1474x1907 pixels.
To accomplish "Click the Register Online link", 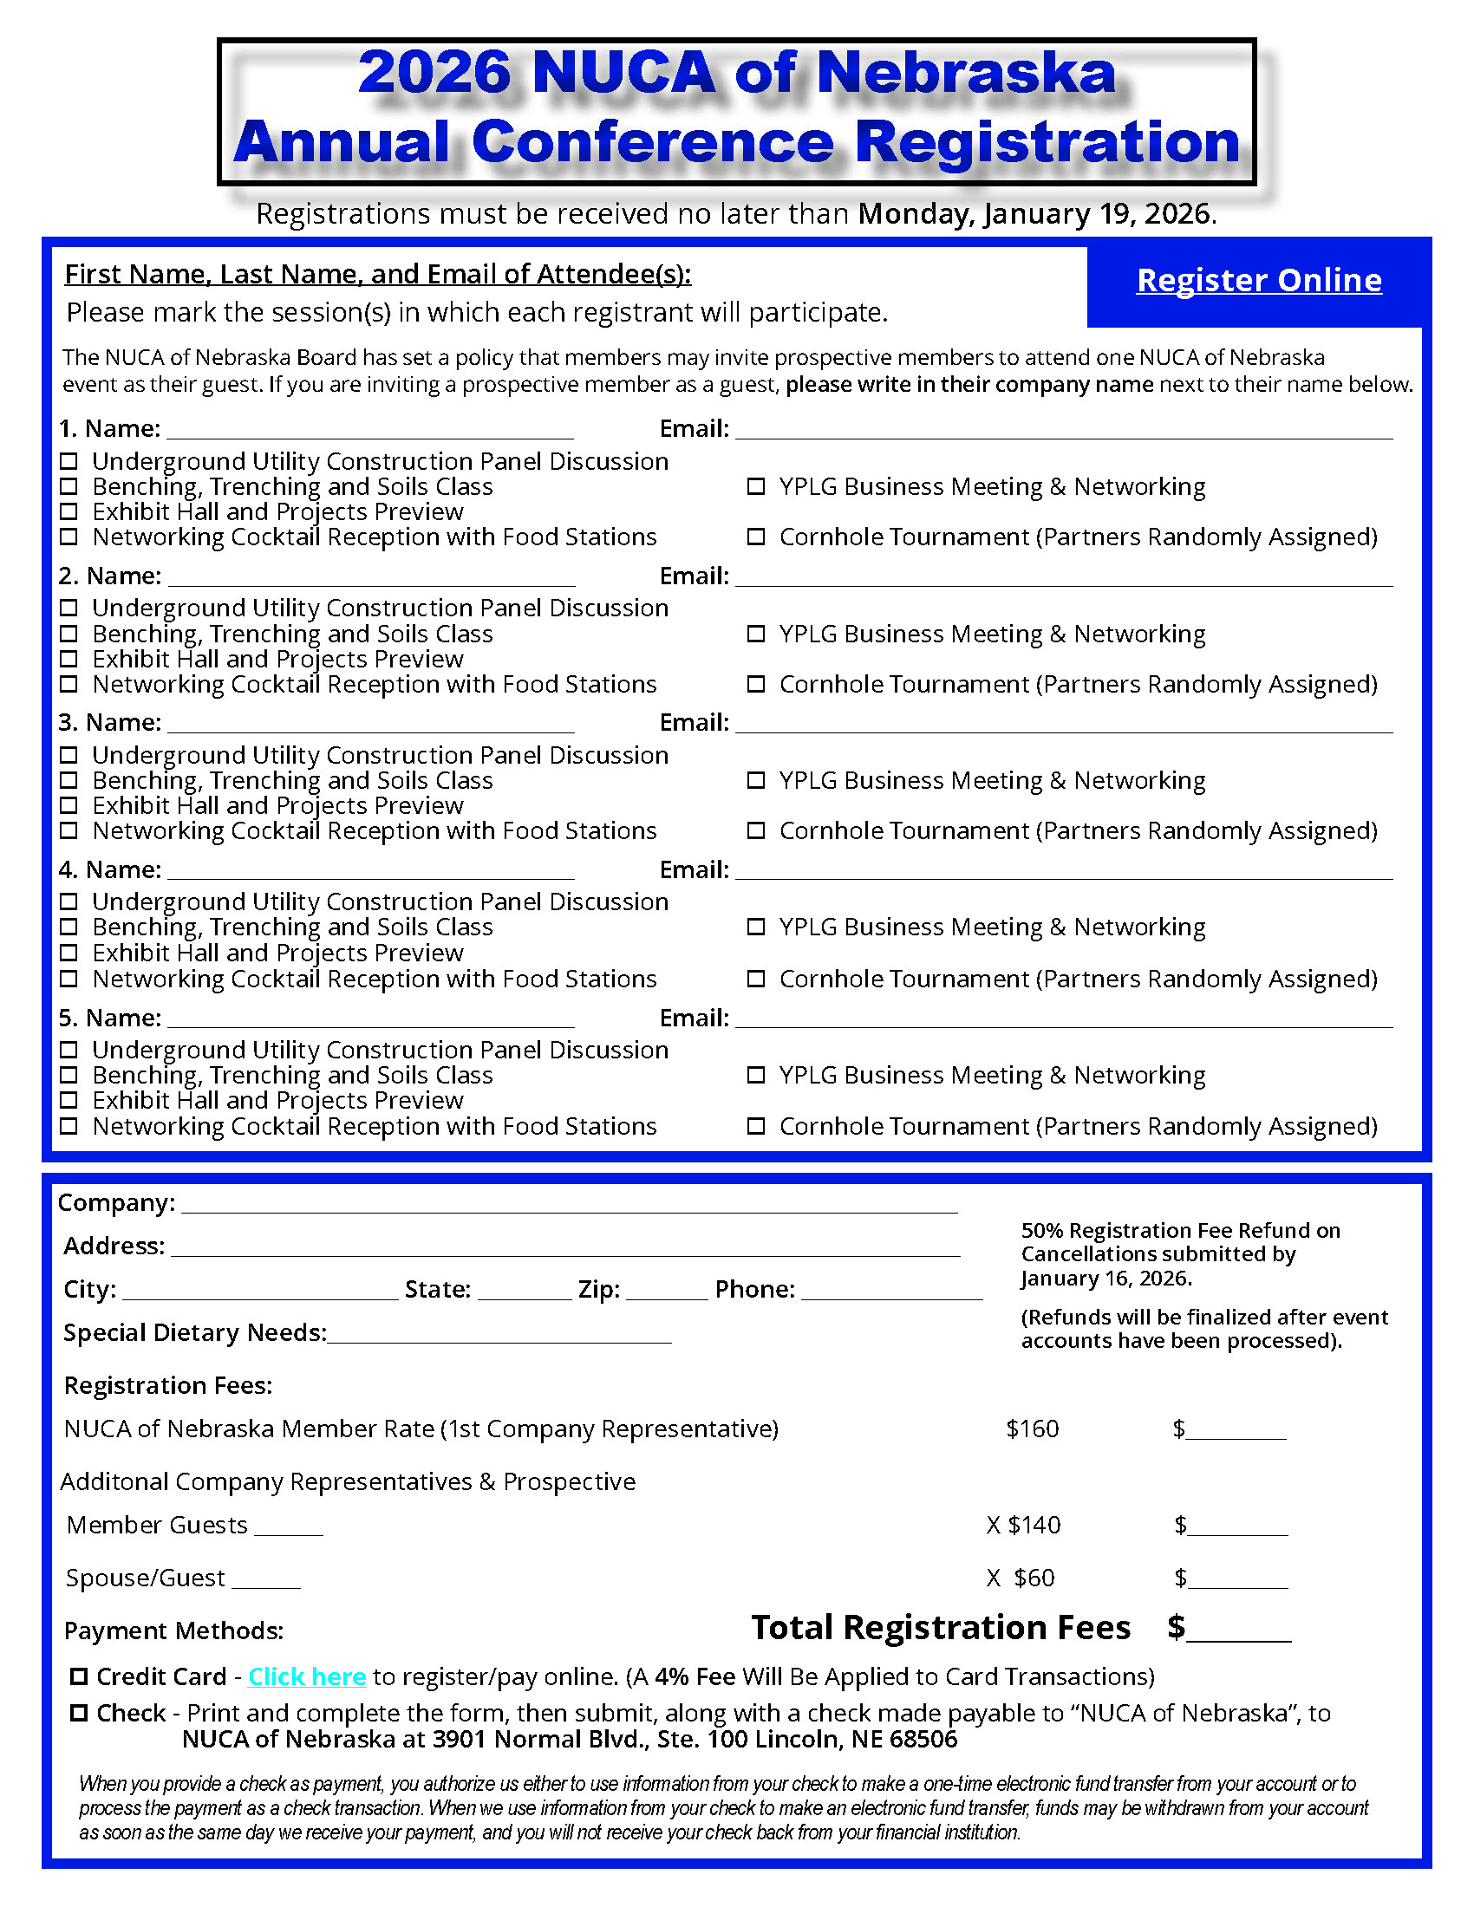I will [1258, 280].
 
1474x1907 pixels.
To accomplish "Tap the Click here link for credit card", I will [306, 1676].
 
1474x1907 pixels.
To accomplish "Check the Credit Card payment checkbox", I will [80, 1676].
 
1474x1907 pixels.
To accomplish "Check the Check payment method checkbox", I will [80, 1713].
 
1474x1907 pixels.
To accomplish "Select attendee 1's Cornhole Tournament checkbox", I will [756, 537].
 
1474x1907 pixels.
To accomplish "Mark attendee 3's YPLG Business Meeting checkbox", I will [756, 781].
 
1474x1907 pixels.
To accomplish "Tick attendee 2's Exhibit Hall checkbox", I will [69, 660].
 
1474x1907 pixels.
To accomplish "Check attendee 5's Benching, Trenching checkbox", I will [69, 1075].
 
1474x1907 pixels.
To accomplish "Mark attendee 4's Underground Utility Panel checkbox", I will [69, 902].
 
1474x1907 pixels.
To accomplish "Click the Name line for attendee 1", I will [369, 431].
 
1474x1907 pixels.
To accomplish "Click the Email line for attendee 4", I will [1064, 872].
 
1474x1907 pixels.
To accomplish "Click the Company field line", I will [570, 1205].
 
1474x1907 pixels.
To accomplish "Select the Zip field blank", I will [666, 1292].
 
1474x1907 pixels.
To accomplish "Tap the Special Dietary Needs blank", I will [499, 1335].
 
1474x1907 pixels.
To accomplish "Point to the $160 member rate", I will [1032, 1429].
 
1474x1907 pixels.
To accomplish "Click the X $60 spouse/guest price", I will [1021, 1578].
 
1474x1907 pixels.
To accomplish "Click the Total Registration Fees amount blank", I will [1238, 1631].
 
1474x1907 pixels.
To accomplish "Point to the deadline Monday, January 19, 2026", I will [1036, 214].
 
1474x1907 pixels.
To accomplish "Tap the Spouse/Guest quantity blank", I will [266, 1579].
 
